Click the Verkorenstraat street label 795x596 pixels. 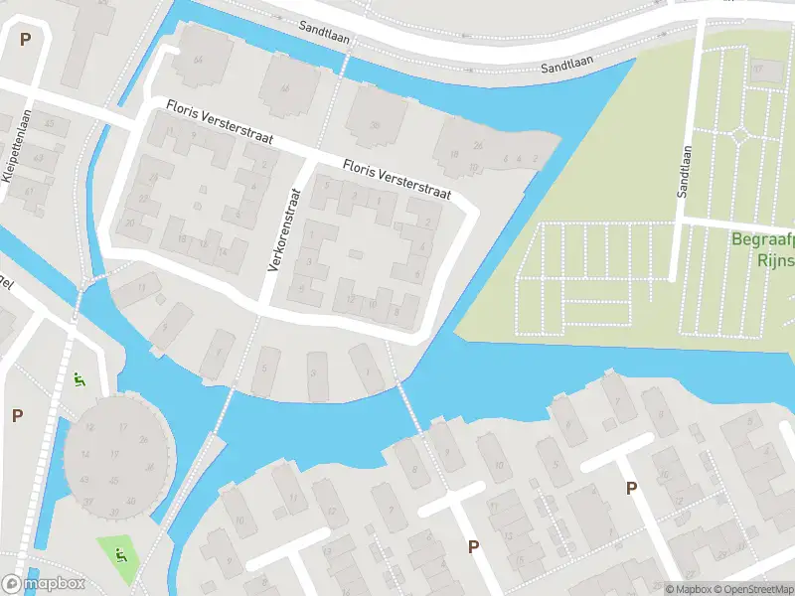(283, 229)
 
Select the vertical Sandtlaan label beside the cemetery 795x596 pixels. (685, 171)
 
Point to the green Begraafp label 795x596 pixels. (762, 239)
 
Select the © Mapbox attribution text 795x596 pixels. (689, 589)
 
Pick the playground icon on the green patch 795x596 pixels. (120, 553)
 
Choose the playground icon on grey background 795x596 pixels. (79, 378)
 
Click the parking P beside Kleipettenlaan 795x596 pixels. (25, 40)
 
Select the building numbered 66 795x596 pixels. (286, 89)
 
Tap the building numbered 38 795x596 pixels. (375, 124)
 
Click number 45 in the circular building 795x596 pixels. (114, 481)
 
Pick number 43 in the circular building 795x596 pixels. (85, 480)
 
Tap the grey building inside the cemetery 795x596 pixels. (762, 71)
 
